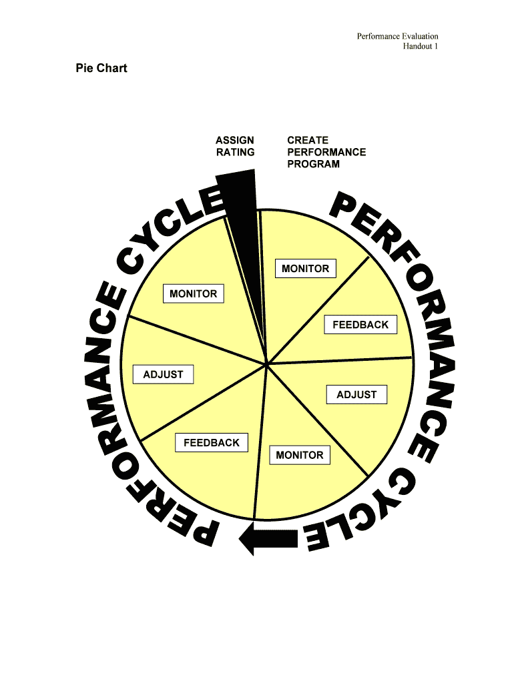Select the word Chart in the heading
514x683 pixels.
pos(111,68)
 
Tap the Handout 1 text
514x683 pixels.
pos(420,46)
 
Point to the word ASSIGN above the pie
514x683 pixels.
pos(234,140)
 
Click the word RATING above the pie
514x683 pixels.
pos(235,152)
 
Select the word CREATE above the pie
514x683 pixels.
pos(308,140)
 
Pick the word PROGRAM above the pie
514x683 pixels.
pos(313,164)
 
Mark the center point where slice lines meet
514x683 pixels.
pos(266,364)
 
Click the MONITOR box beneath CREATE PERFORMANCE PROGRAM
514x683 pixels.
pos(306,269)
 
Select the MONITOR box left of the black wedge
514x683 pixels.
pos(193,293)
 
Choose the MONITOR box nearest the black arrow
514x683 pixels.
pos(299,455)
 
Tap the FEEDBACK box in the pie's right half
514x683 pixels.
pos(360,325)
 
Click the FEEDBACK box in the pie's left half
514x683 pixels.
pos(211,443)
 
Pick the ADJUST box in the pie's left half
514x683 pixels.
pos(163,375)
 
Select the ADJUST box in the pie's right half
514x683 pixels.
pos(356,395)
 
